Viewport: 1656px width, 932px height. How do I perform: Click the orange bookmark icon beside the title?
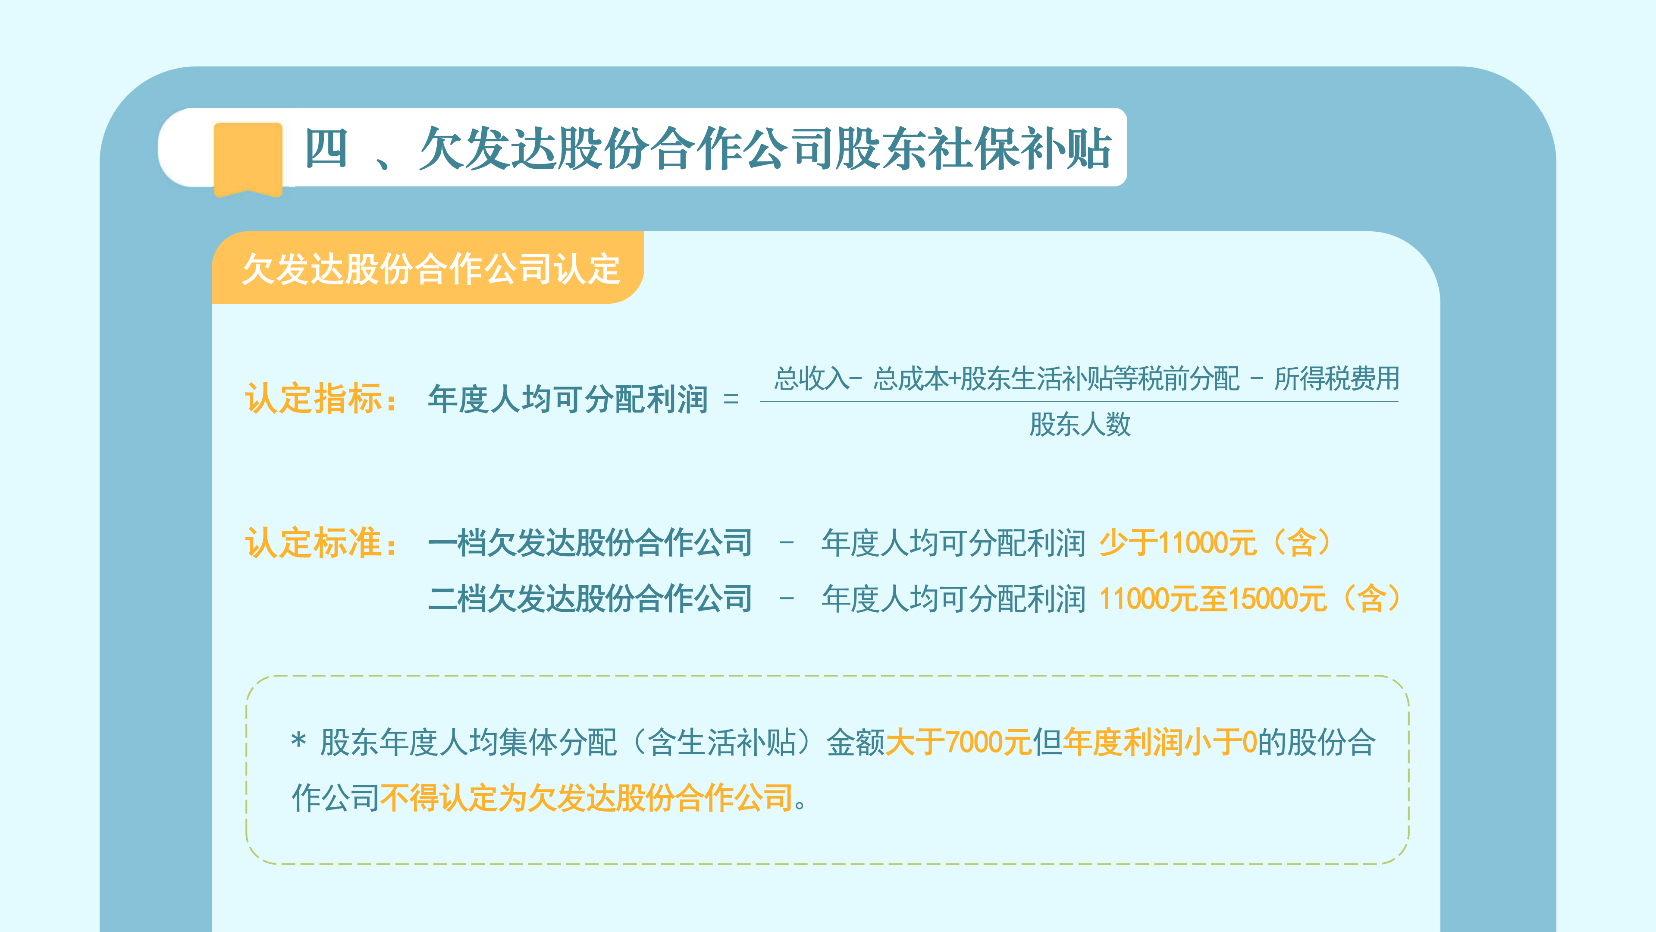point(248,159)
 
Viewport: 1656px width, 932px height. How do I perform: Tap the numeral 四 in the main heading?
point(326,148)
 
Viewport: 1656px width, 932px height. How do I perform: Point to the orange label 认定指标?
point(321,398)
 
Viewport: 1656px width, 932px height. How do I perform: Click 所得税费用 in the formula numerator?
point(1337,378)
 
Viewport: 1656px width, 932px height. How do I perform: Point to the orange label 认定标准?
point(321,542)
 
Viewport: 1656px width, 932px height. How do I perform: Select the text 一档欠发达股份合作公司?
point(590,542)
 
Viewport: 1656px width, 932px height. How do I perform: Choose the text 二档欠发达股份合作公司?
point(590,598)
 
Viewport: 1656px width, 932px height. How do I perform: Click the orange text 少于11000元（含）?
point(1215,542)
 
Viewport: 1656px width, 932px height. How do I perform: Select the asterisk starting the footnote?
point(298,740)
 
